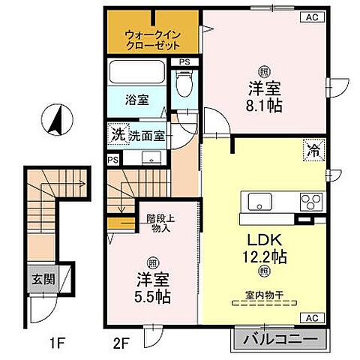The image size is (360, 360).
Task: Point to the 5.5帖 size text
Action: (x=153, y=296)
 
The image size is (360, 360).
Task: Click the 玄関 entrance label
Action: (x=41, y=278)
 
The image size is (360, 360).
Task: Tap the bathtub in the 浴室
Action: (x=137, y=73)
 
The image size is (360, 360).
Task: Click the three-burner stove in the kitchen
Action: (x=308, y=201)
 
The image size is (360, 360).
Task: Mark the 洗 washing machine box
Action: (x=117, y=136)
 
